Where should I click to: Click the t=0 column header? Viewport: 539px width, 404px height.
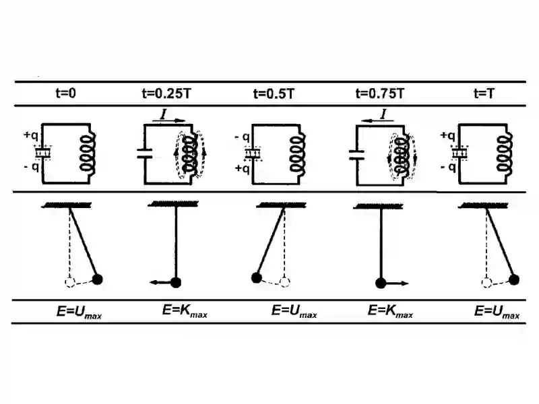click(x=65, y=93)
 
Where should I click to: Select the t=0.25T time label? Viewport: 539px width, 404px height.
click(x=166, y=94)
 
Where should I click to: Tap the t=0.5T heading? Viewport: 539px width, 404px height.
click(x=274, y=94)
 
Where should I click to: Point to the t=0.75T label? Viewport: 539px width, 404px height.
click(x=380, y=94)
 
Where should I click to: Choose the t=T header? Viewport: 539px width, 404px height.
click(x=484, y=94)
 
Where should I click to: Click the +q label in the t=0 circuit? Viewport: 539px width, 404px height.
click(x=30, y=135)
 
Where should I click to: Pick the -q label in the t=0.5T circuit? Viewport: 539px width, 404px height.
click(x=243, y=137)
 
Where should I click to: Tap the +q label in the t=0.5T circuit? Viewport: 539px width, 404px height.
click(x=243, y=168)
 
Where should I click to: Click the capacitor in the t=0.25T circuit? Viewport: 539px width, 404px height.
click(x=145, y=154)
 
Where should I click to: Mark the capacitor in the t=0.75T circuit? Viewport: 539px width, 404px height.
click(x=357, y=156)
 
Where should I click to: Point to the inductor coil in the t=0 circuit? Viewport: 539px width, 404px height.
click(x=88, y=153)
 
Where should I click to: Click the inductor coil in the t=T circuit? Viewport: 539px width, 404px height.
click(x=505, y=153)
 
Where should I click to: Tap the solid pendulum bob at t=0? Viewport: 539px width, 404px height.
click(x=98, y=279)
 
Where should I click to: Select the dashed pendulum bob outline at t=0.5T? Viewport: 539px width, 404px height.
click(x=284, y=282)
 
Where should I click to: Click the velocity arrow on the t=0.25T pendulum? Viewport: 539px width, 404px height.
click(x=160, y=282)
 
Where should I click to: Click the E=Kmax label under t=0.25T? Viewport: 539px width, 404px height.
click(x=185, y=311)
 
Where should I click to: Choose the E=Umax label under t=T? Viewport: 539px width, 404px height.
click(x=497, y=312)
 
